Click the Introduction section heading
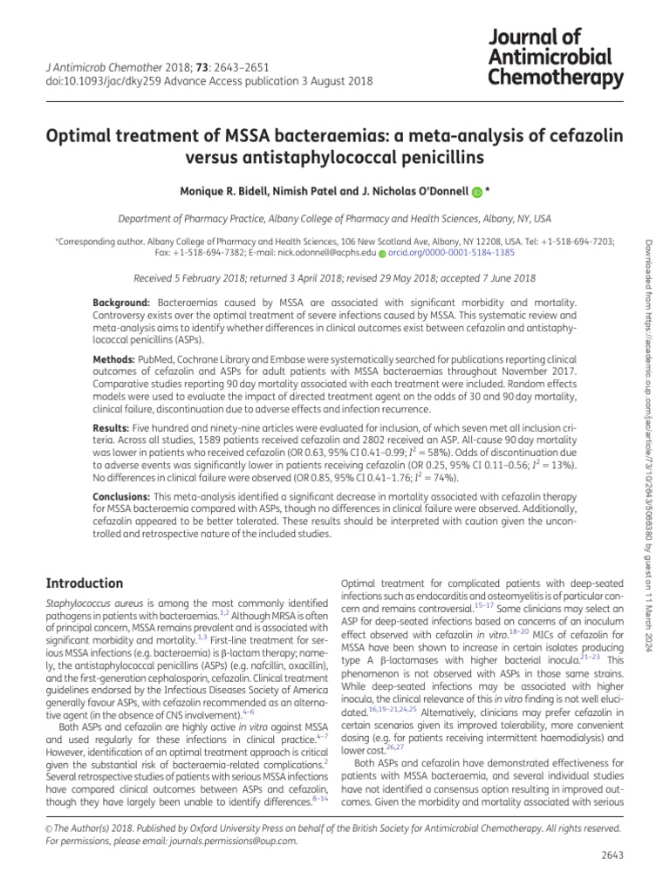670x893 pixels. click(84, 583)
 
